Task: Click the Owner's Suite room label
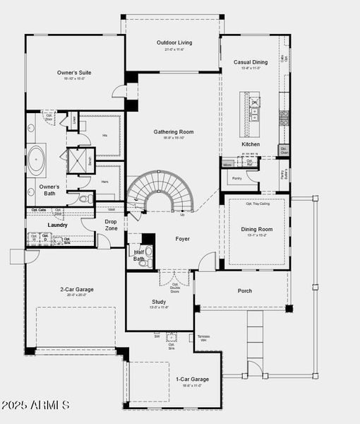[74, 73]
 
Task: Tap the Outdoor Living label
[174, 42]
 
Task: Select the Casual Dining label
[251, 62]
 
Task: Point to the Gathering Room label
[174, 132]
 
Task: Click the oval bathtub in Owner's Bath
[36, 160]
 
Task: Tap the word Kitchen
[251, 144]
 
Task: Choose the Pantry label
[236, 179]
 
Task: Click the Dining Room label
[257, 230]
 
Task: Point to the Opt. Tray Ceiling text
[258, 204]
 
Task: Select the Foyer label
[182, 239]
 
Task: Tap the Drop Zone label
[112, 225]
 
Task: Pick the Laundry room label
[57, 225]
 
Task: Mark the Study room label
[159, 302]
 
